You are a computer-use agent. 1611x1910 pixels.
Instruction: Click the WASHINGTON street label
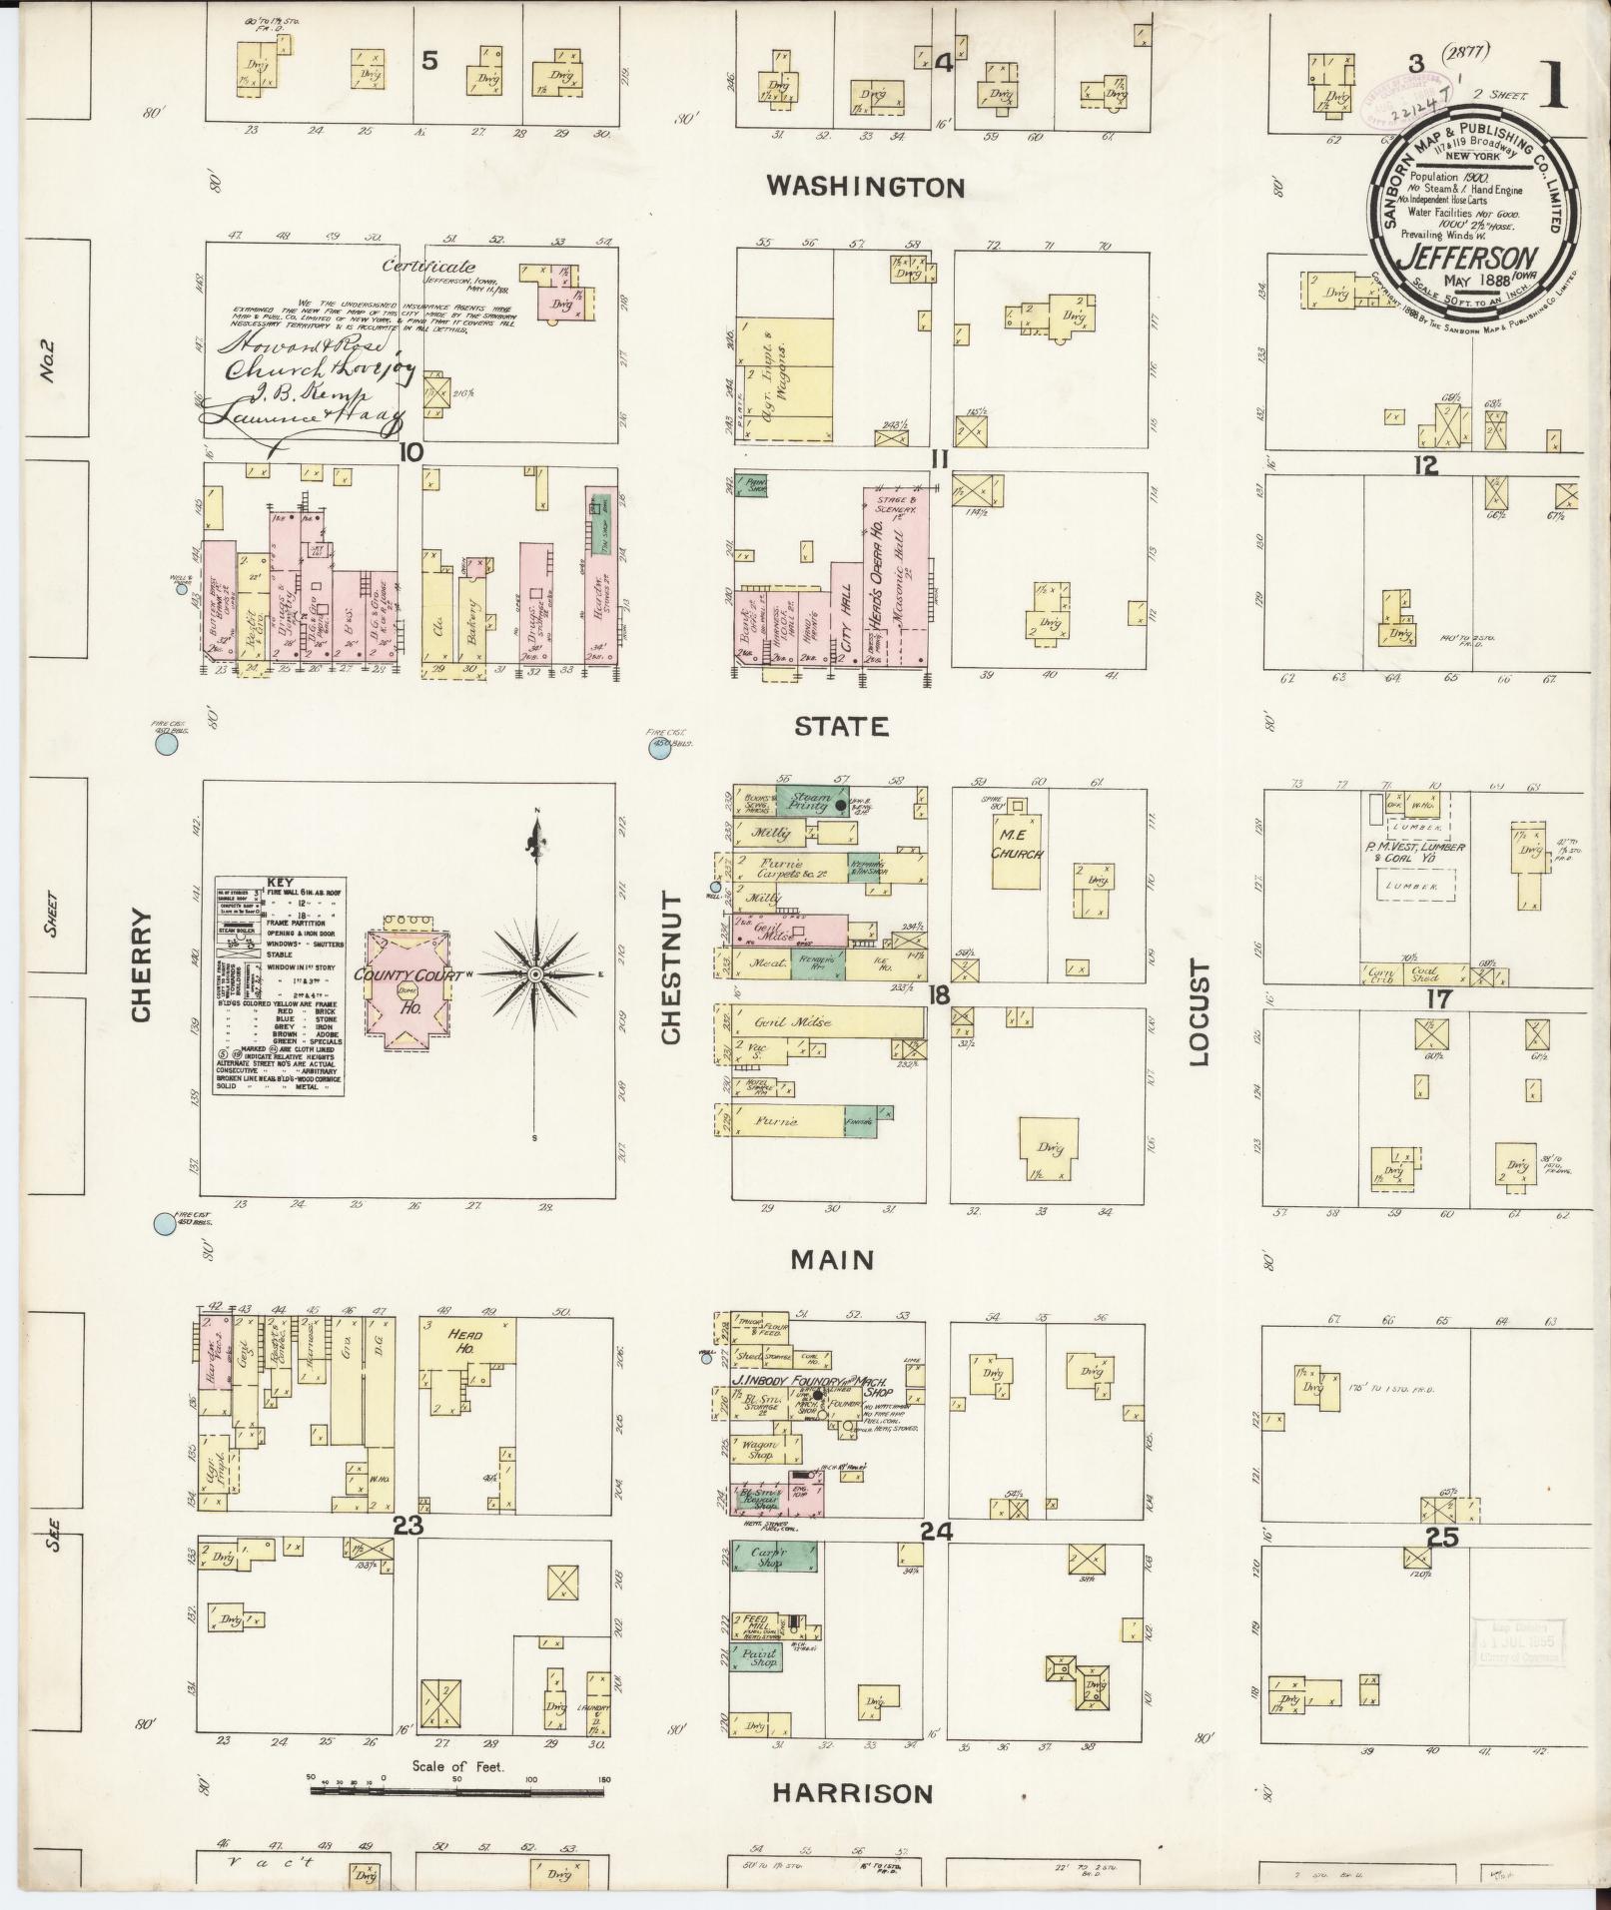[865, 187]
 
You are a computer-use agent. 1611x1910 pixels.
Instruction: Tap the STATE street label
[841, 726]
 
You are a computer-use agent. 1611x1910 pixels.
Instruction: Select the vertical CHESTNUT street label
[669, 968]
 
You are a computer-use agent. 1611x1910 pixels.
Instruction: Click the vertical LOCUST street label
[1200, 1013]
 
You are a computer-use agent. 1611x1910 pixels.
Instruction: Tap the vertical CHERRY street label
[140, 964]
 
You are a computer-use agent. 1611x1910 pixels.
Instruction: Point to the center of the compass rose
[536, 973]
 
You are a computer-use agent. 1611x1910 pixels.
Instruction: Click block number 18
[938, 994]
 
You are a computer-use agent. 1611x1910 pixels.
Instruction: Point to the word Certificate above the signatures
[428, 267]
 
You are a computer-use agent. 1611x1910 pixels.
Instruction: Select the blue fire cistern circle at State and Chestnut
[659, 750]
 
